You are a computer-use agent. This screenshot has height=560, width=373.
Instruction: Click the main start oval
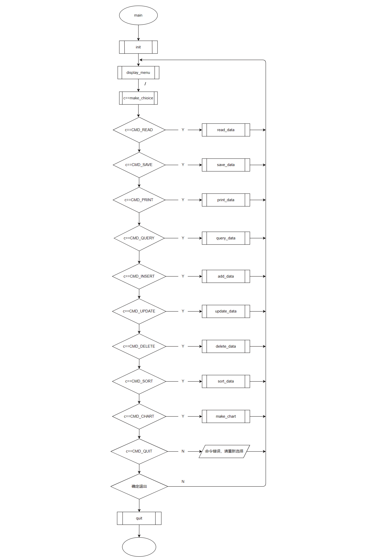(x=138, y=15)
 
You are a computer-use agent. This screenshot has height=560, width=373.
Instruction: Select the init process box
(x=138, y=47)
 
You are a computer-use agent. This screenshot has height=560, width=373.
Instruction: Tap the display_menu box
(x=138, y=73)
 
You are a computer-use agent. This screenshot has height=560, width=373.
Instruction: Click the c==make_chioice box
(x=138, y=98)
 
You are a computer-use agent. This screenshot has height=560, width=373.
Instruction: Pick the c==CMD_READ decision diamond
(x=139, y=130)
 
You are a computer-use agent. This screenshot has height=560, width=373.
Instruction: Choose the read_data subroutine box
(x=226, y=130)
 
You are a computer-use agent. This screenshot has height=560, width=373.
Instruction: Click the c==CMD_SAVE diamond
(x=139, y=165)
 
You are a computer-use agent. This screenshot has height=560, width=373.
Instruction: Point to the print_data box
(x=226, y=200)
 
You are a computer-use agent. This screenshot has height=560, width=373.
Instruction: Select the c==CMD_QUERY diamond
(x=139, y=238)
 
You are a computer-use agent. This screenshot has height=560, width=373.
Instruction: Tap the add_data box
(x=226, y=276)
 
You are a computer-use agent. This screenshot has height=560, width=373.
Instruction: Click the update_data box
(x=226, y=311)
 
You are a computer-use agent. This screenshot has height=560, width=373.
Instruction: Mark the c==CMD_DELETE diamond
(x=139, y=346)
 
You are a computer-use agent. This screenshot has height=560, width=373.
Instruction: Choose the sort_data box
(x=226, y=381)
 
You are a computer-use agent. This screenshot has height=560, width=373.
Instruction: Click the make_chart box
(x=226, y=416)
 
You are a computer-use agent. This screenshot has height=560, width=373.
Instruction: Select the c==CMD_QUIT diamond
(x=139, y=451)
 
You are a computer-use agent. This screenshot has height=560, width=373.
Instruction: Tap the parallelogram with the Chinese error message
(x=224, y=451)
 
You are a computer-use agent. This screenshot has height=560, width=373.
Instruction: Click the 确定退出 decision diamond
(x=139, y=486)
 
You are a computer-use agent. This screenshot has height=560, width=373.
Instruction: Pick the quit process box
(x=139, y=518)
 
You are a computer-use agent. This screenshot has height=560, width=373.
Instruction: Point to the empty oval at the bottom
(x=139, y=547)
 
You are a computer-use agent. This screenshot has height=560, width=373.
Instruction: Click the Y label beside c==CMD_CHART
(x=183, y=416)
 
